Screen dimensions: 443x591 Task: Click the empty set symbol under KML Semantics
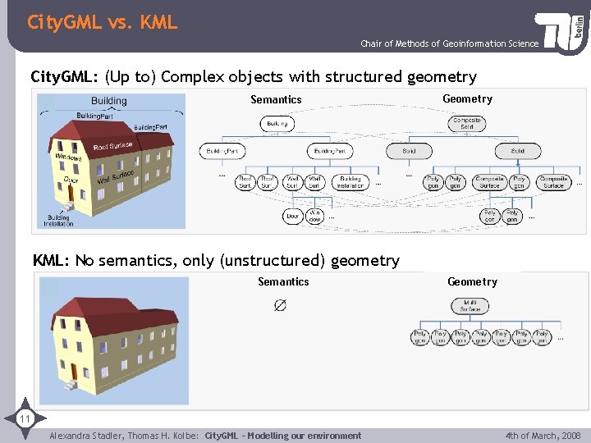coord(280,305)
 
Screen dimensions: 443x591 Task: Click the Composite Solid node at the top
coord(466,123)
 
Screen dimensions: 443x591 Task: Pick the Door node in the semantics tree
coord(293,217)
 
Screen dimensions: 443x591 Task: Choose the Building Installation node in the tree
coord(350,181)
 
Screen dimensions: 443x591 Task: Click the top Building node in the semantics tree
coord(277,124)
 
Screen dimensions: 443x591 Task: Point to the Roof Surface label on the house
coord(112,147)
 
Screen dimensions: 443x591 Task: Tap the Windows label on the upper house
coord(68,157)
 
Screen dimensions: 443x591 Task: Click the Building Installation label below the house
coord(59,220)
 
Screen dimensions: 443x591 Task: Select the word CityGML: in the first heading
coord(64,77)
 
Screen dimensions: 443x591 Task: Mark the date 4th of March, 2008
coord(543,436)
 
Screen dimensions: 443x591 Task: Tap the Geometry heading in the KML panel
coord(472,281)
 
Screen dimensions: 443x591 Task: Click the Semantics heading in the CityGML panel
coord(276,99)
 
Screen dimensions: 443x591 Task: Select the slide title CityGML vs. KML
coord(102,22)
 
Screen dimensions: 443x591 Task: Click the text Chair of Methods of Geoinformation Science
coord(450,43)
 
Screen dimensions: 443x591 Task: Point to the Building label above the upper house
coord(109,101)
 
